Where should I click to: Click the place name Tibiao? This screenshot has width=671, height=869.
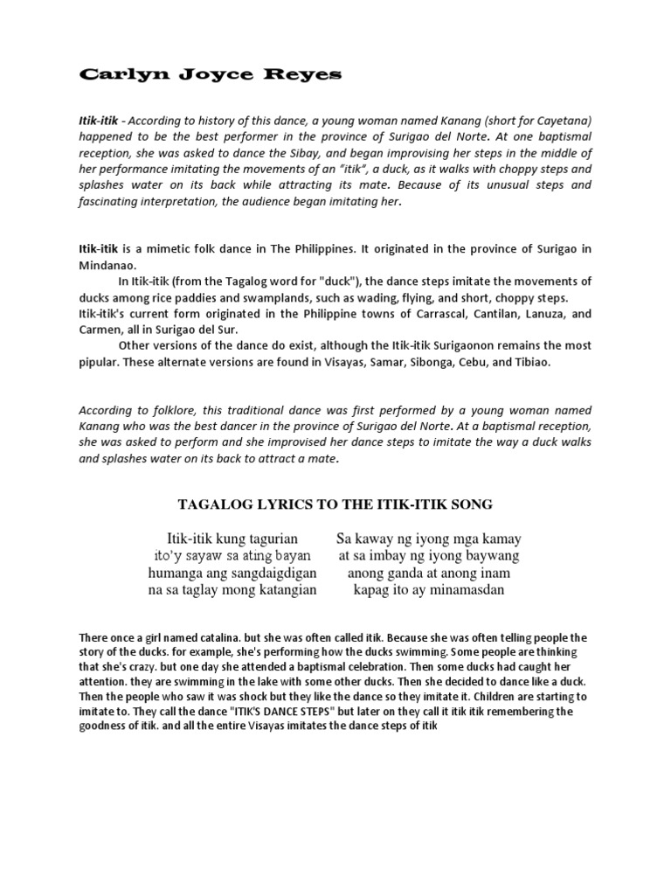pyautogui.click(x=528, y=361)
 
